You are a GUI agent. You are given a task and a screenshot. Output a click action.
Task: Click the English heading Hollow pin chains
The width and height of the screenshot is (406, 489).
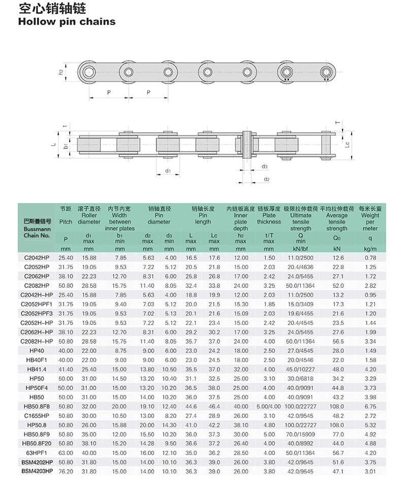67,21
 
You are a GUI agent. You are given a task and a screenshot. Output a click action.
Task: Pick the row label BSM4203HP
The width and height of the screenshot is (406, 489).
37,472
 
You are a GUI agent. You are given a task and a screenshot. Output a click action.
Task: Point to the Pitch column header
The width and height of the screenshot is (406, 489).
65,222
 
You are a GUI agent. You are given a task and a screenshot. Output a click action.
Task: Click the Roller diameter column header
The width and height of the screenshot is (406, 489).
89,218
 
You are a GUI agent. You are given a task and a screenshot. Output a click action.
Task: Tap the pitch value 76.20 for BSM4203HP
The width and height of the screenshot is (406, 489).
66,472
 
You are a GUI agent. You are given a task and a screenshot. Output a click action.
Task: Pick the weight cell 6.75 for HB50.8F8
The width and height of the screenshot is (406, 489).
370,407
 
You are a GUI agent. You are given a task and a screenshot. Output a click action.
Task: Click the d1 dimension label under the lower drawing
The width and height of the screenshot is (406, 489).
167,171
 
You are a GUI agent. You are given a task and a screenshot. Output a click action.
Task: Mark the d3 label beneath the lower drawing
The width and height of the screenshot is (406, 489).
265,167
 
